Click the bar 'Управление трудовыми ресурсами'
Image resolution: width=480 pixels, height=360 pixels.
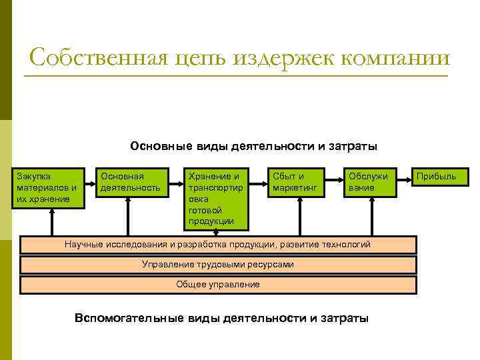click(218, 265)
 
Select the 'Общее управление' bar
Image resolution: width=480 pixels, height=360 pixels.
click(218, 285)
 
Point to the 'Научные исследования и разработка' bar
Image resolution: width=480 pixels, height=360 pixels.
click(218, 245)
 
